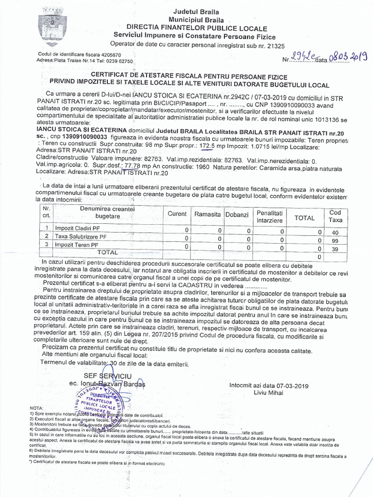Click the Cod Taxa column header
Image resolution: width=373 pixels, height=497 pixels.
pyautogui.click(x=335, y=216)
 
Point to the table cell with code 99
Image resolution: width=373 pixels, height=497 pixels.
pyautogui.click(x=335, y=240)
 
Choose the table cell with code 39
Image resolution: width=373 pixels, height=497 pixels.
pyautogui.click(x=335, y=248)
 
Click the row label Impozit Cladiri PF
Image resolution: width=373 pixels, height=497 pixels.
pyautogui.click(x=78, y=228)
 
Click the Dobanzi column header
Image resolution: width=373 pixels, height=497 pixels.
pyautogui.click(x=237, y=215)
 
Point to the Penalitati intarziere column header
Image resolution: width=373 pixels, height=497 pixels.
pyautogui.click(x=270, y=216)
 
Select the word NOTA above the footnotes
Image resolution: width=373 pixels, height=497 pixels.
pyautogui.click(x=36, y=408)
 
